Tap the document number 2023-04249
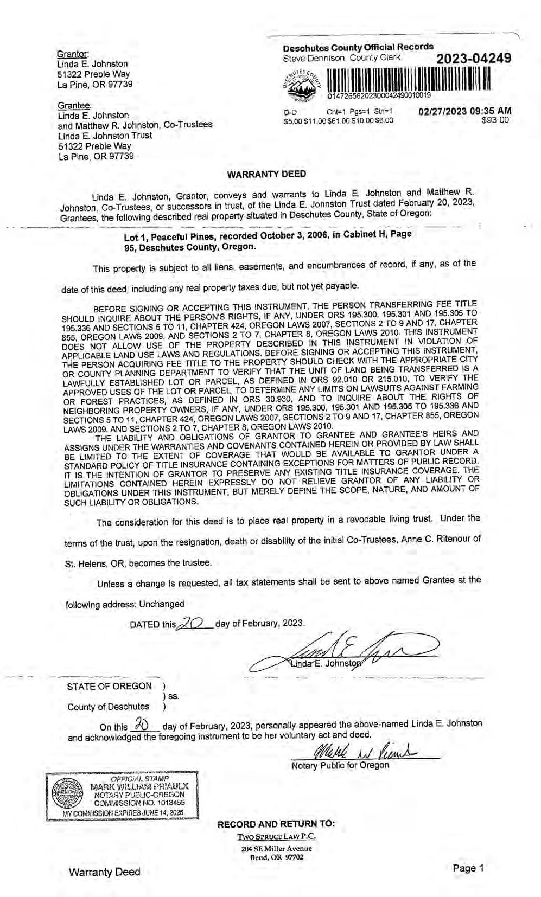[473, 58]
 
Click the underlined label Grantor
[72, 54]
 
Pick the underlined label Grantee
[74, 105]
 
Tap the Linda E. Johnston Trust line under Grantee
[105, 136]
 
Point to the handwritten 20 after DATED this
[193, 624]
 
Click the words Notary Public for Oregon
[340, 765]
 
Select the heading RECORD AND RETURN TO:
[276, 824]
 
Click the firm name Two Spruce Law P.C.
[276, 836]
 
